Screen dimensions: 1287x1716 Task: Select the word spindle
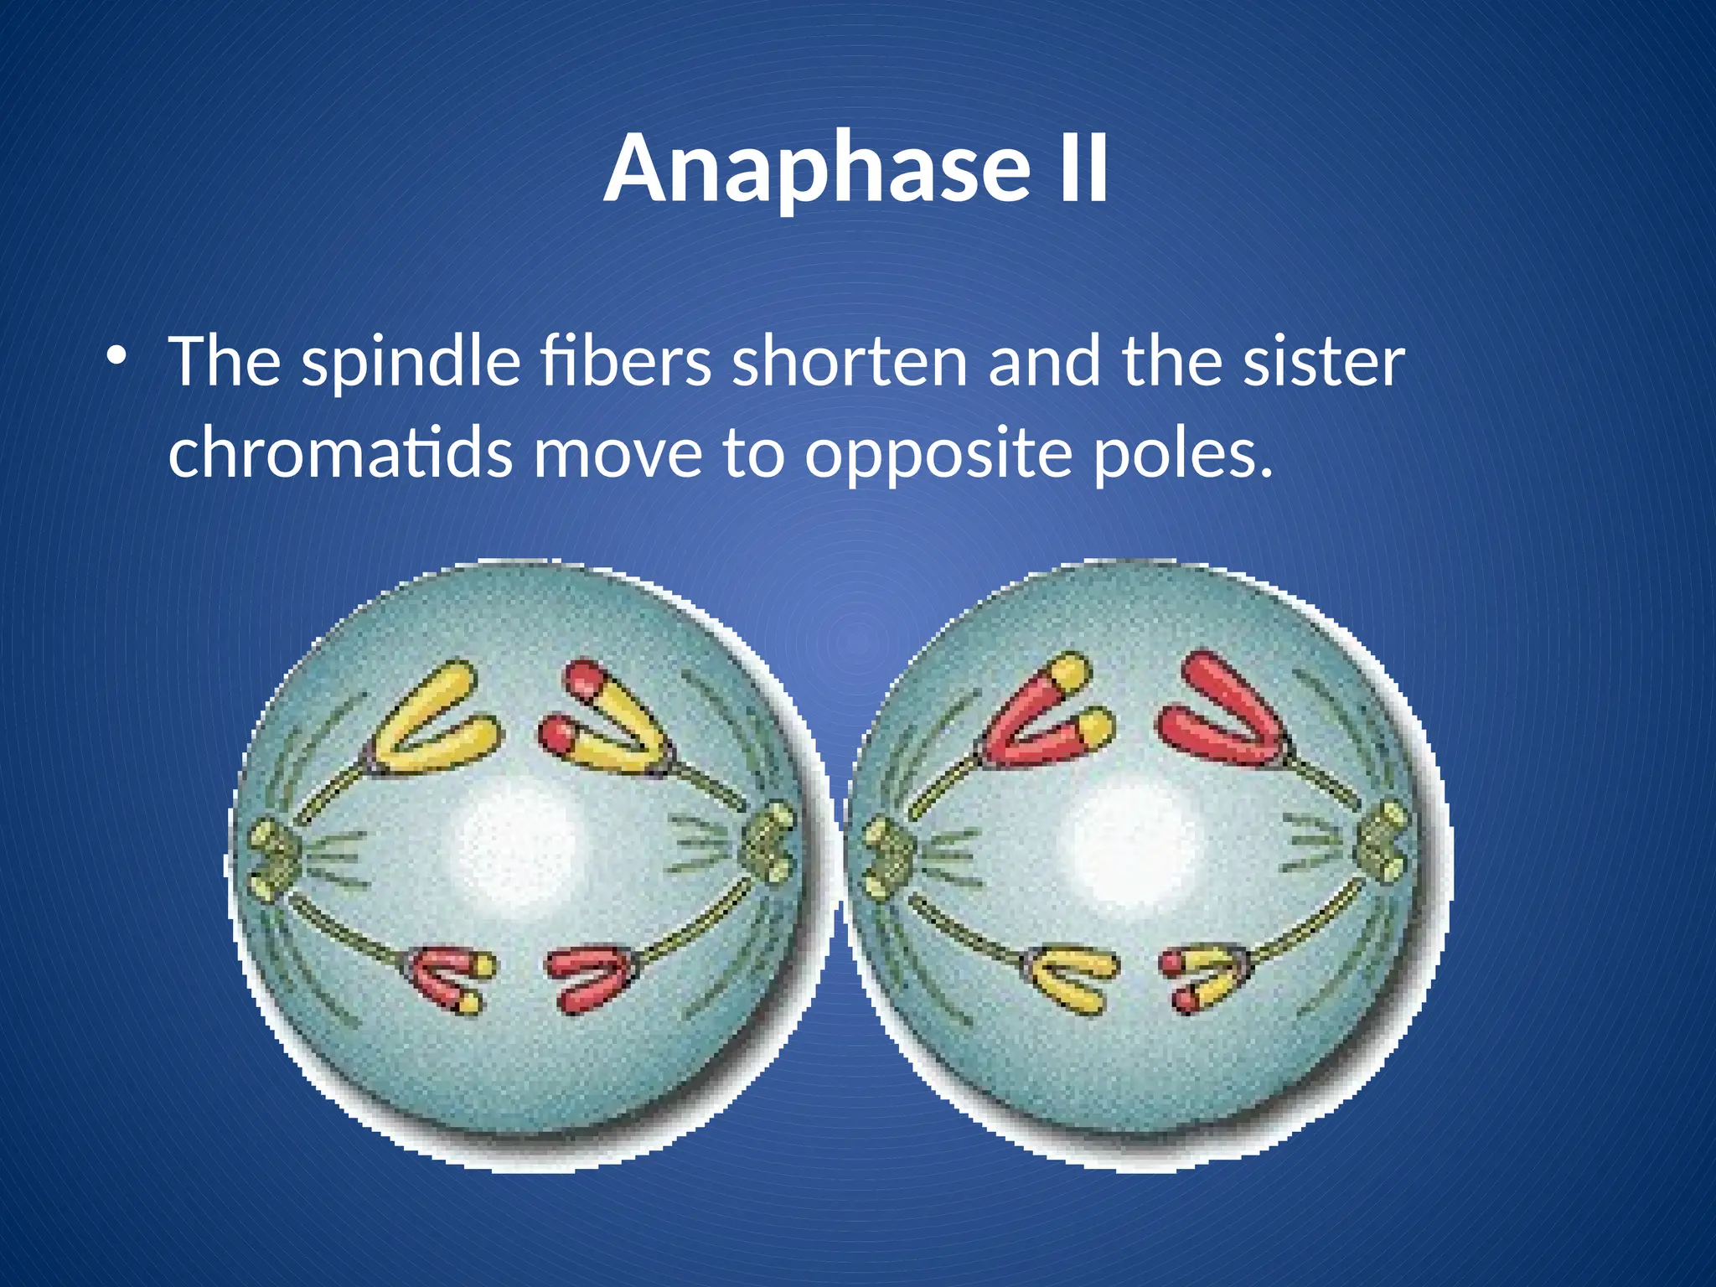click(411, 362)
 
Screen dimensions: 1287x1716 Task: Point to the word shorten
click(849, 362)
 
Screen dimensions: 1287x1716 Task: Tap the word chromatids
click(339, 452)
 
